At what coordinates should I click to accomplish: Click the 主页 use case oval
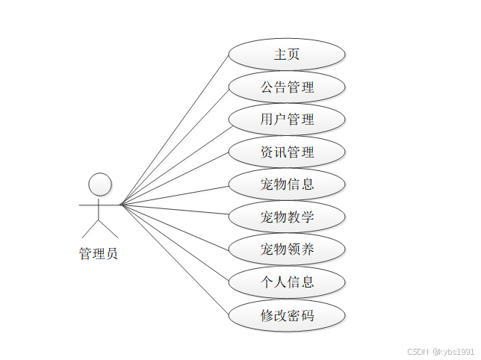pos(287,55)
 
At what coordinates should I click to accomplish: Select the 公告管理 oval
pos(287,87)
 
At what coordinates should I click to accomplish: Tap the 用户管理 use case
pos(287,120)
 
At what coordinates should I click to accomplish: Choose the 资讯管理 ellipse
pos(287,152)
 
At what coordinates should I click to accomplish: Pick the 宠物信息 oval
pos(287,184)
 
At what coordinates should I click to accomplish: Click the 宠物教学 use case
pos(287,217)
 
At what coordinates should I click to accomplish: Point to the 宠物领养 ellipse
pos(287,249)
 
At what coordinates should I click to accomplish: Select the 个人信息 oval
pos(287,282)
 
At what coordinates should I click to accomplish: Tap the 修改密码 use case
pos(287,315)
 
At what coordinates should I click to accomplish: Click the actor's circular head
pos(100,184)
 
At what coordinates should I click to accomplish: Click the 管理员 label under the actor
pos(99,254)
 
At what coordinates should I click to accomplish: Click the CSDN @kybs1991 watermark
pos(441,351)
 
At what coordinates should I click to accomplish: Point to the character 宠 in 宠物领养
pos(267,249)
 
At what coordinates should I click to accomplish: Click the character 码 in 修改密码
pos(307,315)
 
